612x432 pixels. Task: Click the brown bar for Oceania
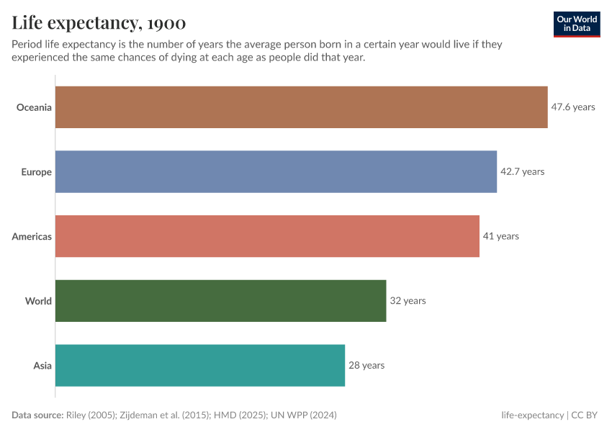pos(301,107)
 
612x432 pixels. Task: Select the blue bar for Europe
pos(276,171)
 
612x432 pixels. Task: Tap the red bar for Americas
pos(267,236)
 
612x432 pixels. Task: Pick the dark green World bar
pos(220,301)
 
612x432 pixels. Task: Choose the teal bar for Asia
pos(200,365)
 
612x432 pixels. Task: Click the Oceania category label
pos(35,107)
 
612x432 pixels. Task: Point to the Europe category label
pos(37,172)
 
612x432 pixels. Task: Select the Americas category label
pos(32,236)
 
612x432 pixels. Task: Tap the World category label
pos(38,301)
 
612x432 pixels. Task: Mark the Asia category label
pos(42,365)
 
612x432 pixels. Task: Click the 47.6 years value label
pos(573,107)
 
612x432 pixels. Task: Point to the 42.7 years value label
pos(522,172)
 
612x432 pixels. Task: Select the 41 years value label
pos(500,236)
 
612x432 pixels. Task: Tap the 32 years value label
pos(408,301)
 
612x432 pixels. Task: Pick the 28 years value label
pos(366,365)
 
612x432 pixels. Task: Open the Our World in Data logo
pos(577,24)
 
